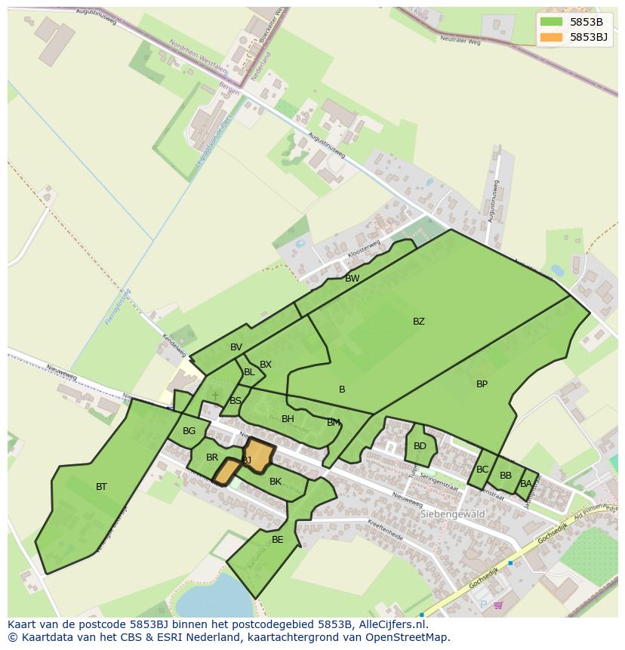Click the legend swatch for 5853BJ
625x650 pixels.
552,37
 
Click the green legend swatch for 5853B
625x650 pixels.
552,22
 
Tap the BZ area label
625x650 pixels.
418,322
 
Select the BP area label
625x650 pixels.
482,384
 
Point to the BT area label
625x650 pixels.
101,487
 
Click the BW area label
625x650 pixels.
352,279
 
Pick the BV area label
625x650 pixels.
236,347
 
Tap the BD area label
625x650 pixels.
420,446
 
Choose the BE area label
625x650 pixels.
277,540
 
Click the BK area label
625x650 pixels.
276,482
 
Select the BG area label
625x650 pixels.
189,432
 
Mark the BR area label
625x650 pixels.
212,457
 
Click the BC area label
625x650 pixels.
482,470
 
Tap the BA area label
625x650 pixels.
525,484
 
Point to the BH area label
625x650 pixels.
288,419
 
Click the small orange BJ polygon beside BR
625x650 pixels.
226,473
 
